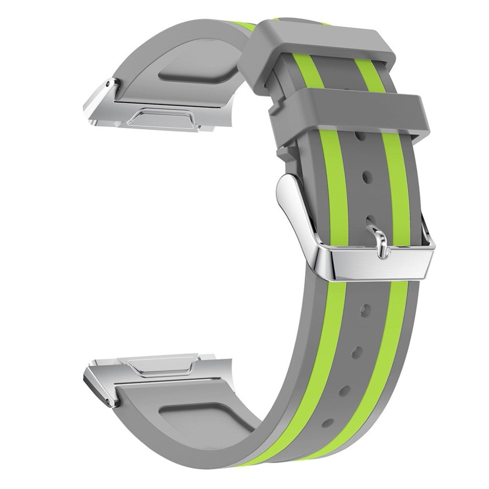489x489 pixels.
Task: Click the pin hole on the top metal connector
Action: [111, 84]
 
